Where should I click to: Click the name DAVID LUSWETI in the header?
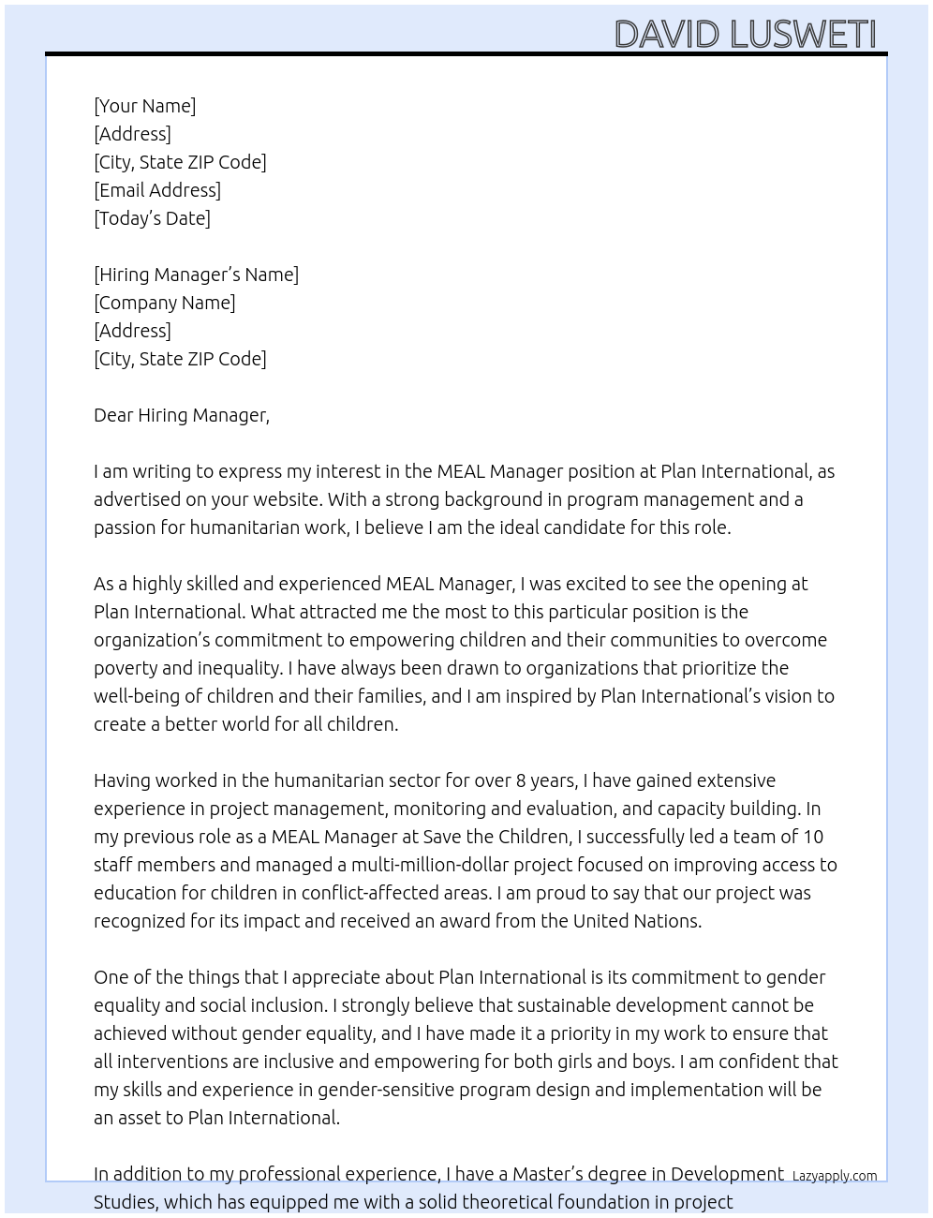745,34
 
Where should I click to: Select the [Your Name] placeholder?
144,106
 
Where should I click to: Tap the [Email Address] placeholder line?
157,190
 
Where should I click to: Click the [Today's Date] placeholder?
152,218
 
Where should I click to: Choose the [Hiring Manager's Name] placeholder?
196,275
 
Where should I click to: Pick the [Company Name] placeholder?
164,303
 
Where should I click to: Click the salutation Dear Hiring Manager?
181,415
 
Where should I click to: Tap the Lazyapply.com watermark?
834,1176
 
